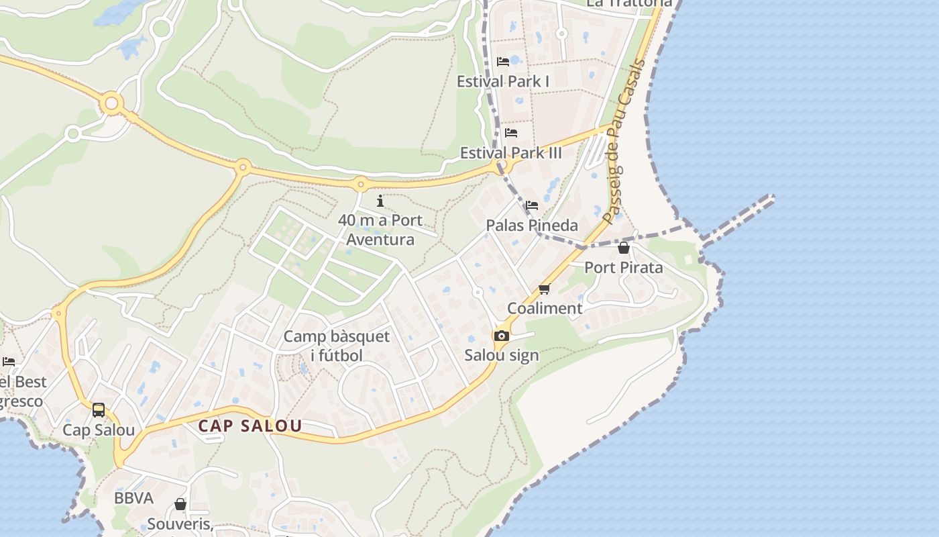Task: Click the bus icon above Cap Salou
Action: (99, 409)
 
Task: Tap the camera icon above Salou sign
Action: (501, 336)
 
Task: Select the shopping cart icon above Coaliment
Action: (544, 289)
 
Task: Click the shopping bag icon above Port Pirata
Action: (624, 248)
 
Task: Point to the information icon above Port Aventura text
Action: (380, 201)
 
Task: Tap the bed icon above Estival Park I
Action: (503, 62)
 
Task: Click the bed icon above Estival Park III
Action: (511, 133)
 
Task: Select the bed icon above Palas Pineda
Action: (532, 205)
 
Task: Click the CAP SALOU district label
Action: (250, 426)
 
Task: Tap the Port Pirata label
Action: (623, 267)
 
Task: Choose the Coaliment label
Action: (545, 308)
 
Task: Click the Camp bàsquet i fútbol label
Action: (336, 346)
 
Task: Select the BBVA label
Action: (133, 498)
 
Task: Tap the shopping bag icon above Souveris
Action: (180, 504)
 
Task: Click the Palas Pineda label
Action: (532, 225)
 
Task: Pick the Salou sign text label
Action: (502, 355)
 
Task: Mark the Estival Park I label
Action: (503, 81)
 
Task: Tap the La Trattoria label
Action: (628, 3)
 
